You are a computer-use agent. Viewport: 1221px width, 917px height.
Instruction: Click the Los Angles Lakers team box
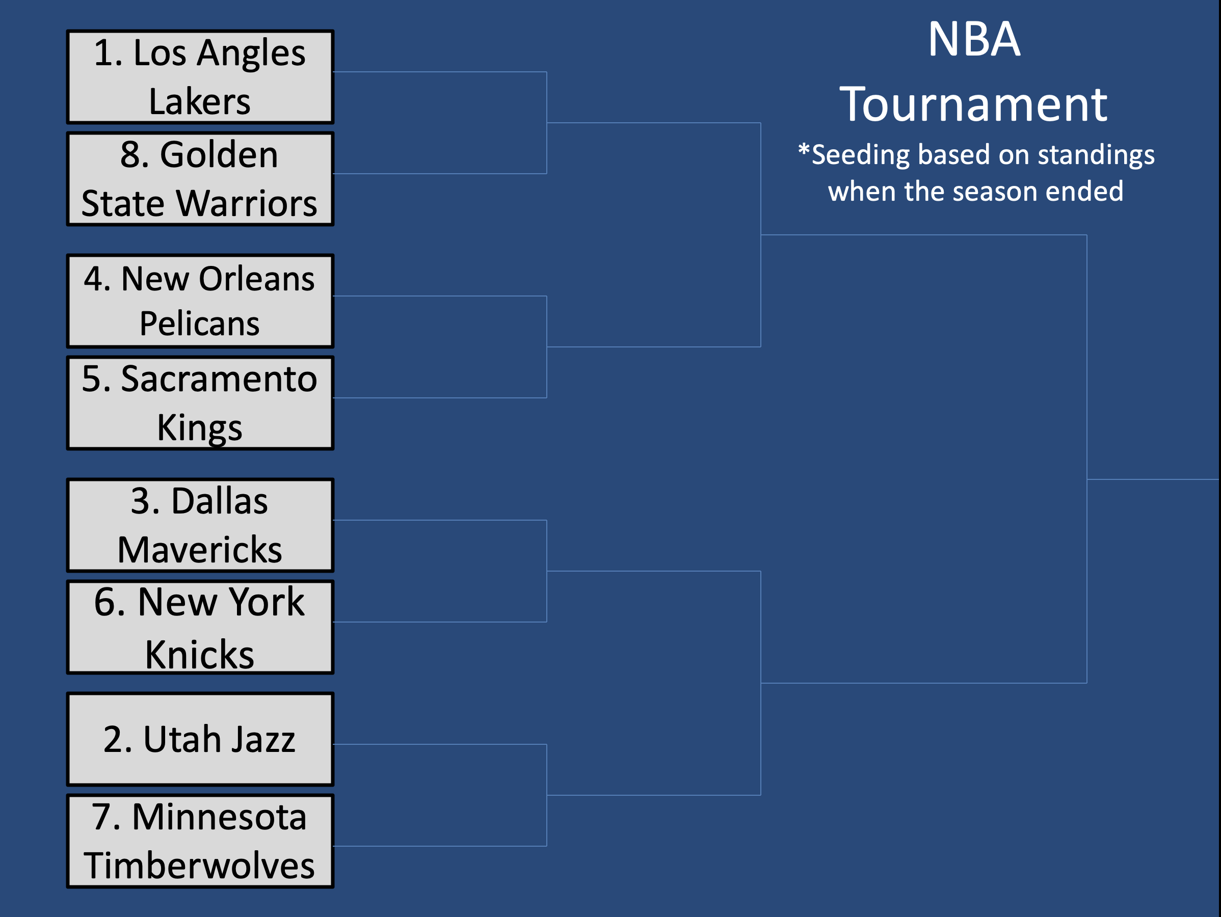coord(200,77)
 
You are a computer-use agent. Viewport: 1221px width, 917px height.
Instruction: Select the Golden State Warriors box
coord(200,179)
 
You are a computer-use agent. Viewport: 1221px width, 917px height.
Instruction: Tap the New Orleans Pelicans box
coord(200,301)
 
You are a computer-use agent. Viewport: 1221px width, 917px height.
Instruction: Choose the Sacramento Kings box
coord(200,403)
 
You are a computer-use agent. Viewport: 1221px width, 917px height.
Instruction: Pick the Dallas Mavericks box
coord(200,525)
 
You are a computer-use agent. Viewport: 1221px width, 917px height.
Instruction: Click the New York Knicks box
coord(200,627)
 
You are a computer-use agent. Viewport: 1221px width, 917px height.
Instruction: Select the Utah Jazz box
coord(200,739)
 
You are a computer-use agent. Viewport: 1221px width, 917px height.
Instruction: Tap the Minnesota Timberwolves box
coord(200,841)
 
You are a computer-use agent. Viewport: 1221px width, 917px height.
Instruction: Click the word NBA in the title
coord(974,39)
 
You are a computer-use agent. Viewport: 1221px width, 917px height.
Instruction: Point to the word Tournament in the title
coord(973,104)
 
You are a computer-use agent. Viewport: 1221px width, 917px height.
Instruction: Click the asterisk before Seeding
coord(804,150)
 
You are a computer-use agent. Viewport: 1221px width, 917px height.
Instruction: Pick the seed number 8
coord(130,154)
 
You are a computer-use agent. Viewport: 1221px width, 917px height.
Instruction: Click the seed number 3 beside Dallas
coord(141,501)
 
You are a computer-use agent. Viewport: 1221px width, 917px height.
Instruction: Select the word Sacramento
coord(219,380)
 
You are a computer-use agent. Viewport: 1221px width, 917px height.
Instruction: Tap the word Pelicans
coord(199,323)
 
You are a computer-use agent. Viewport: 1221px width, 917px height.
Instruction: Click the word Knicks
coord(199,654)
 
